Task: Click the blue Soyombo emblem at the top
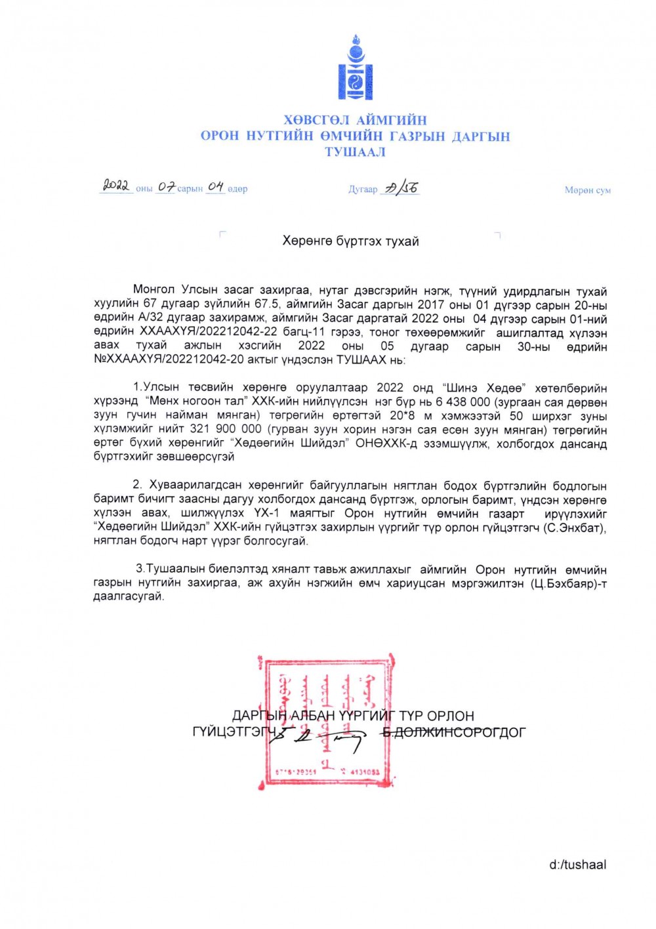point(355,68)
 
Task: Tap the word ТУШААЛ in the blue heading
point(355,152)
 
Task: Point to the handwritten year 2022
point(116,186)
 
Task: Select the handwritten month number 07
point(166,188)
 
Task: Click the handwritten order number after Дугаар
point(401,188)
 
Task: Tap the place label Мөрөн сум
point(587,190)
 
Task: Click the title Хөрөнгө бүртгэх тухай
point(350,241)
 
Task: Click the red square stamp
point(327,720)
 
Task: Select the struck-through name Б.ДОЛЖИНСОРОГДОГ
point(454,732)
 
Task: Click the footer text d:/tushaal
point(577,865)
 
